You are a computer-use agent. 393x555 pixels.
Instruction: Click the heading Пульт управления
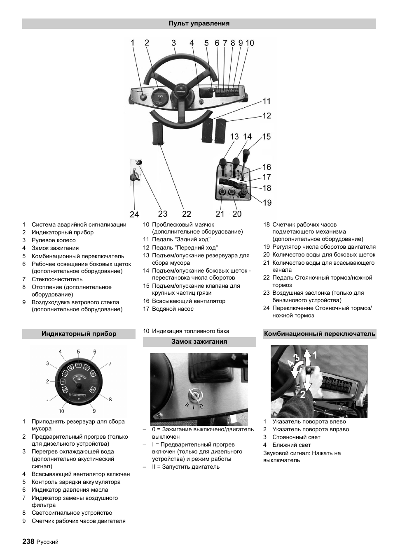click(199, 23)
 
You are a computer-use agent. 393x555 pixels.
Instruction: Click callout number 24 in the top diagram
click(134, 214)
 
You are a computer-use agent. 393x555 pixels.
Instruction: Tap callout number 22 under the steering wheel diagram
click(187, 214)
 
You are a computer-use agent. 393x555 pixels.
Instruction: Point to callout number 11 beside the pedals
click(267, 101)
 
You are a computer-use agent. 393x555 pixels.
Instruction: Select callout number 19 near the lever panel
click(267, 202)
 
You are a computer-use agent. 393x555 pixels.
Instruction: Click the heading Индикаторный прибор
click(79, 334)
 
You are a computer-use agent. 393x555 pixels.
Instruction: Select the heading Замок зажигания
click(199, 342)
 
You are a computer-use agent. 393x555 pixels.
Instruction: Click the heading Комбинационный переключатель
click(320, 334)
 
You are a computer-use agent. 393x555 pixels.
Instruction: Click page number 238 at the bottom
click(28, 541)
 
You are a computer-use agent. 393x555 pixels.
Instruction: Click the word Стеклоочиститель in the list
click(57, 279)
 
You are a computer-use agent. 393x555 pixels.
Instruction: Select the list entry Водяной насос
click(173, 309)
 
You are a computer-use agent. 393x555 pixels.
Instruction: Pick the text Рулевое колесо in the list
click(54, 240)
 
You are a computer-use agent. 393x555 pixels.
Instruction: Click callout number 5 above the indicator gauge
click(78, 351)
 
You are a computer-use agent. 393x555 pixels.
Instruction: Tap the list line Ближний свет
click(291, 445)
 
